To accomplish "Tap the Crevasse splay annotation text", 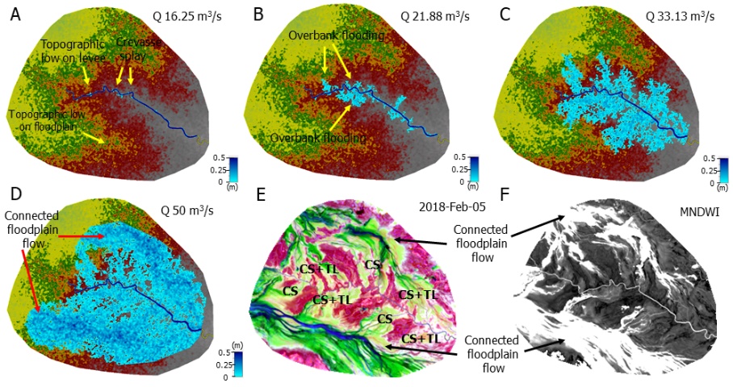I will point(135,49).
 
